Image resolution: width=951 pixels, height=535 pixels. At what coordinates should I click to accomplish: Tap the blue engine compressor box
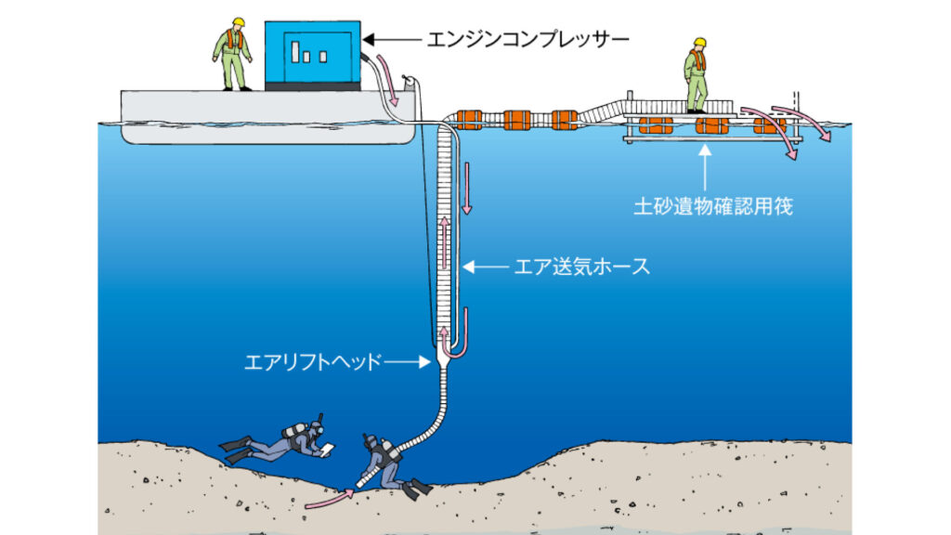point(312,55)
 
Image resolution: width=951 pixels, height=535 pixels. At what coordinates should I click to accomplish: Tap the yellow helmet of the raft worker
point(697,43)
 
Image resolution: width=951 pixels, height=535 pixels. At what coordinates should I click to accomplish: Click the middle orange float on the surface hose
point(516,120)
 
